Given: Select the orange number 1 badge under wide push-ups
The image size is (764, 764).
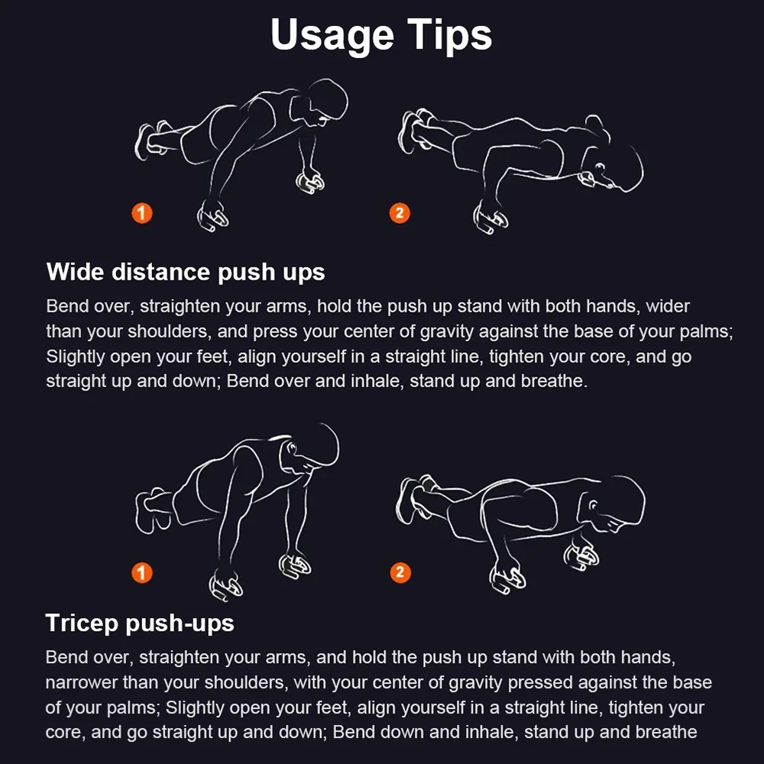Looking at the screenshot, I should (x=142, y=213).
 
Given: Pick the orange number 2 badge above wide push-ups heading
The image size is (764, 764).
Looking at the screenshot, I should (x=400, y=213).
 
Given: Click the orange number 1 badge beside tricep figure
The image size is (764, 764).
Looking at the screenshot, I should (x=142, y=572).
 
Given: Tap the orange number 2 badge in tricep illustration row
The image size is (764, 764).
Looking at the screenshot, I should (x=400, y=572).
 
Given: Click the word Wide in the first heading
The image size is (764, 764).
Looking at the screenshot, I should (x=75, y=272).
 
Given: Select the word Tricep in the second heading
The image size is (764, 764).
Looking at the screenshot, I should (x=82, y=623).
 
